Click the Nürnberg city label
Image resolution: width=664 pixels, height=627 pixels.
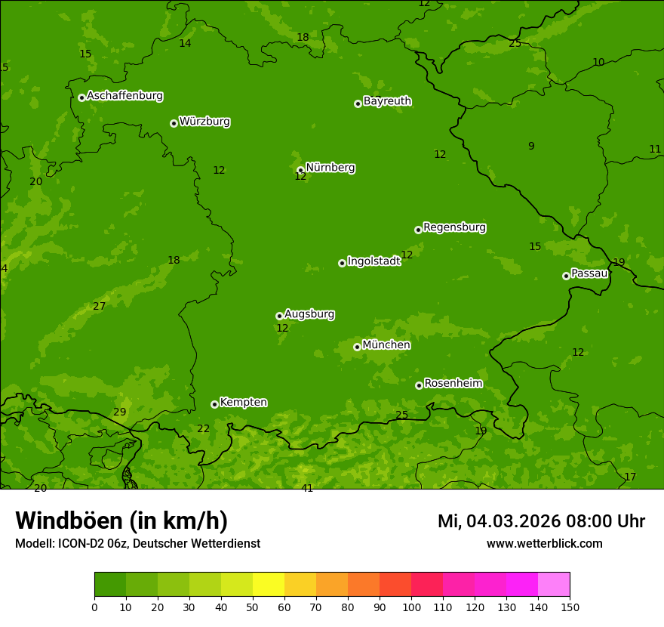330,168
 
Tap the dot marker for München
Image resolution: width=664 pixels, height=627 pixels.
357,347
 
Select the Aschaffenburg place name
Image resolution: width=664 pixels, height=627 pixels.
124,96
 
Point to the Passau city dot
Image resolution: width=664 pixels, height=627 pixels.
566,276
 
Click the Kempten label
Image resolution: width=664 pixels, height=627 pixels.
243,403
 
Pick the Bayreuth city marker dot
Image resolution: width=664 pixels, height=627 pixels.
358,103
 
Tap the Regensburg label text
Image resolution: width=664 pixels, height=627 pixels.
454,227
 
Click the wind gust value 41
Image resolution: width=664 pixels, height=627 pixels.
307,488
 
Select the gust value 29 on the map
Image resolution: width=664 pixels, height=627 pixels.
120,412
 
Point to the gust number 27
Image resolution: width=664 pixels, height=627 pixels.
100,306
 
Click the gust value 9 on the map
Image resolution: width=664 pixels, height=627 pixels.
531,146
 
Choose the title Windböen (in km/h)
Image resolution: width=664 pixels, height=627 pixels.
121,520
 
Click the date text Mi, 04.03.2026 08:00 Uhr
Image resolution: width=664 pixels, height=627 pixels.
541,521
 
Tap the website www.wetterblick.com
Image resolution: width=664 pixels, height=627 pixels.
544,543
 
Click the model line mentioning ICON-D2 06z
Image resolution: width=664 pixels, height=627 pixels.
137,543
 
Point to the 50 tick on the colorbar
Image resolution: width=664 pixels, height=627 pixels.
253,607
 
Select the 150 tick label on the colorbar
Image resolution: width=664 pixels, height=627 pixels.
570,607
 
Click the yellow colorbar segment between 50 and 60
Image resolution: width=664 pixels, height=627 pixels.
269,585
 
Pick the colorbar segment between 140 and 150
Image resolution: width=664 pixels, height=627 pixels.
554,585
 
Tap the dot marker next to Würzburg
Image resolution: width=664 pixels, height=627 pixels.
174,123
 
